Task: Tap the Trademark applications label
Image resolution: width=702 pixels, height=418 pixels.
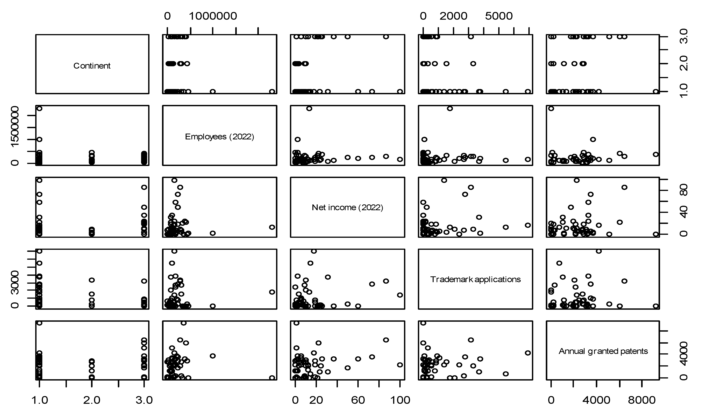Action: pyautogui.click(x=475, y=279)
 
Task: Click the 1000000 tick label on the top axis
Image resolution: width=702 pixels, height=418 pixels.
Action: pyautogui.click(x=213, y=16)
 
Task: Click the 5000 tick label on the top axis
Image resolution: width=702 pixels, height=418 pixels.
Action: pyautogui.click(x=499, y=16)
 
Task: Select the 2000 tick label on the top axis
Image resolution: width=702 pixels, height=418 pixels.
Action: pyautogui.click(x=453, y=16)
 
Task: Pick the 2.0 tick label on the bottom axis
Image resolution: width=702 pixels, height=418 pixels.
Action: pyautogui.click(x=92, y=400)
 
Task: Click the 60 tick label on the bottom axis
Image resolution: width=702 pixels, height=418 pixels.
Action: pyautogui.click(x=358, y=400)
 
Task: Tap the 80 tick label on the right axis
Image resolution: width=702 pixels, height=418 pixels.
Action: pyautogui.click(x=684, y=190)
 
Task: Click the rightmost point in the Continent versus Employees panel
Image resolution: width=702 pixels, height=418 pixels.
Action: pyautogui.click(x=272, y=91)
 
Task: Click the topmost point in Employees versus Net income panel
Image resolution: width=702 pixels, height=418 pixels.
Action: pyautogui.click(x=309, y=108)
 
